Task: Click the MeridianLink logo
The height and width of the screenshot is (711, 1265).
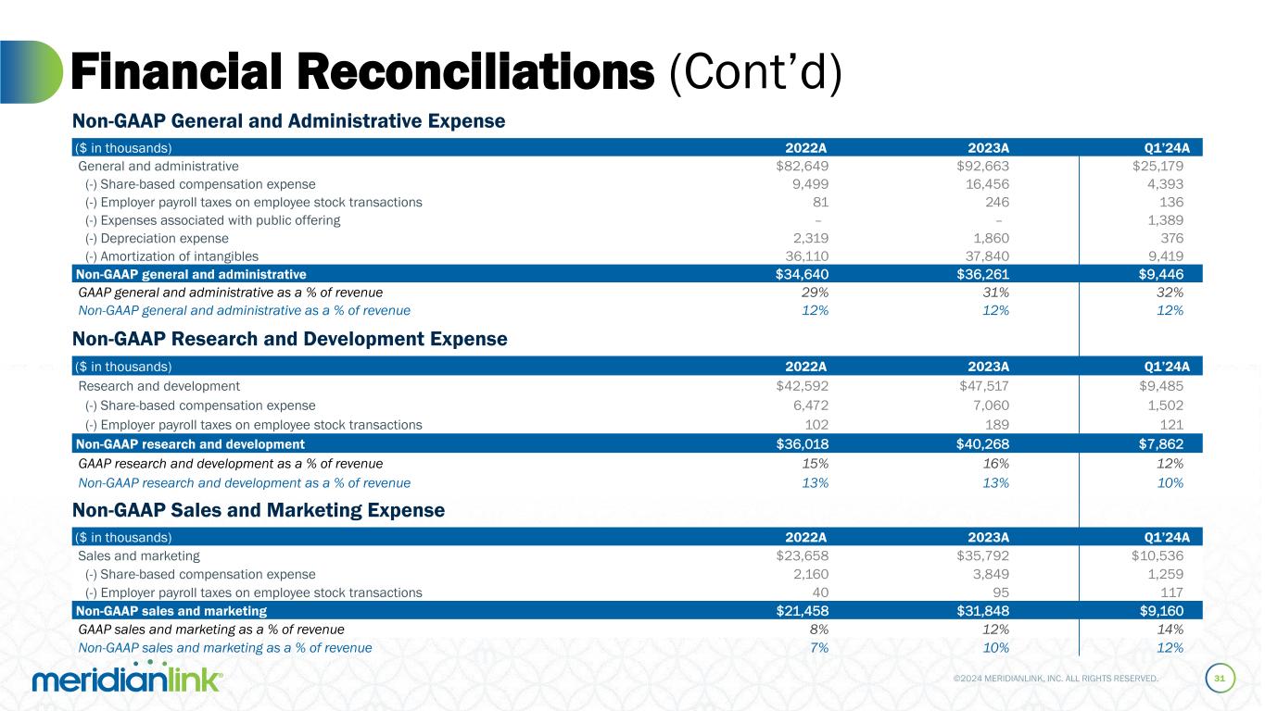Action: (x=127, y=679)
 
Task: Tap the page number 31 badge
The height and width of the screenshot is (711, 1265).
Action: (x=1220, y=679)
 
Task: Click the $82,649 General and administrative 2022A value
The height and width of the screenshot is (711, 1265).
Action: (x=802, y=167)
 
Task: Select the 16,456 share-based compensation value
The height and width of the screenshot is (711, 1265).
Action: (x=984, y=184)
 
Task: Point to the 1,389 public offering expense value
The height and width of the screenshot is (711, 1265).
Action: (x=1163, y=220)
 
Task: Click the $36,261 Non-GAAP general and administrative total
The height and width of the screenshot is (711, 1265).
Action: (x=982, y=274)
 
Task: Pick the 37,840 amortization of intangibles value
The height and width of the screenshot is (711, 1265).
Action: (x=984, y=256)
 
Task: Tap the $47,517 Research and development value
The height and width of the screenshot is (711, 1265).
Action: (x=982, y=386)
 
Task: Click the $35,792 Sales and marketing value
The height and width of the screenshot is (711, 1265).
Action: (x=982, y=556)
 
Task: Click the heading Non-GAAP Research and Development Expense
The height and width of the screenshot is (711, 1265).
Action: (x=290, y=340)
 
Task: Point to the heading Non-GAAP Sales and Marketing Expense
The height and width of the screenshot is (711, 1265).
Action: (x=259, y=510)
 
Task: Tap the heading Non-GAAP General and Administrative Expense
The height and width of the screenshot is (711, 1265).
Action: (x=289, y=120)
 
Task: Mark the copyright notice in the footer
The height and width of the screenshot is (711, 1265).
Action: (x=1056, y=679)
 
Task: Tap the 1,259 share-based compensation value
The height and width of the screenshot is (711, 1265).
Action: (x=1163, y=574)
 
